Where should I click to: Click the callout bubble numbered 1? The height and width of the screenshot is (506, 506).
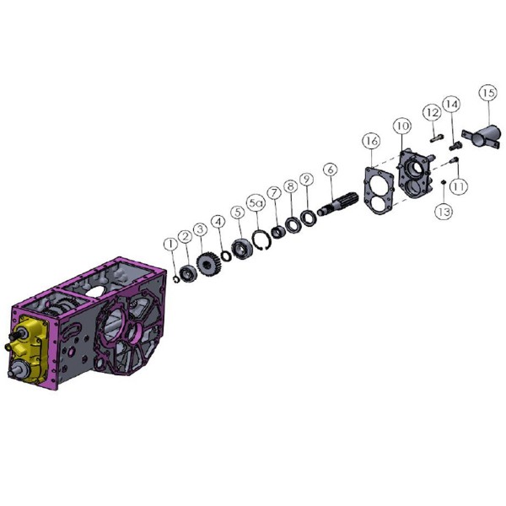click(170, 245)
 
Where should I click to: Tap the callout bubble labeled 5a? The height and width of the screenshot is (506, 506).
click(256, 203)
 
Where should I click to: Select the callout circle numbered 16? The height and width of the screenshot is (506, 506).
click(371, 141)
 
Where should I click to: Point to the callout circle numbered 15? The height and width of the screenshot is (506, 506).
click(487, 94)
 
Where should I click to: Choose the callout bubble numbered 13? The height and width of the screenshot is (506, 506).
click(444, 212)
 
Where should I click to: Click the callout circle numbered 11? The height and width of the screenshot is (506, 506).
click(459, 186)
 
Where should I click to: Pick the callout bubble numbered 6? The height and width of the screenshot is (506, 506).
click(330, 170)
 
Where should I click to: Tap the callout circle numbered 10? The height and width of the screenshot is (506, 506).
click(402, 126)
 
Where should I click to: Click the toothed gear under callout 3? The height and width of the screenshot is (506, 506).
click(207, 263)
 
